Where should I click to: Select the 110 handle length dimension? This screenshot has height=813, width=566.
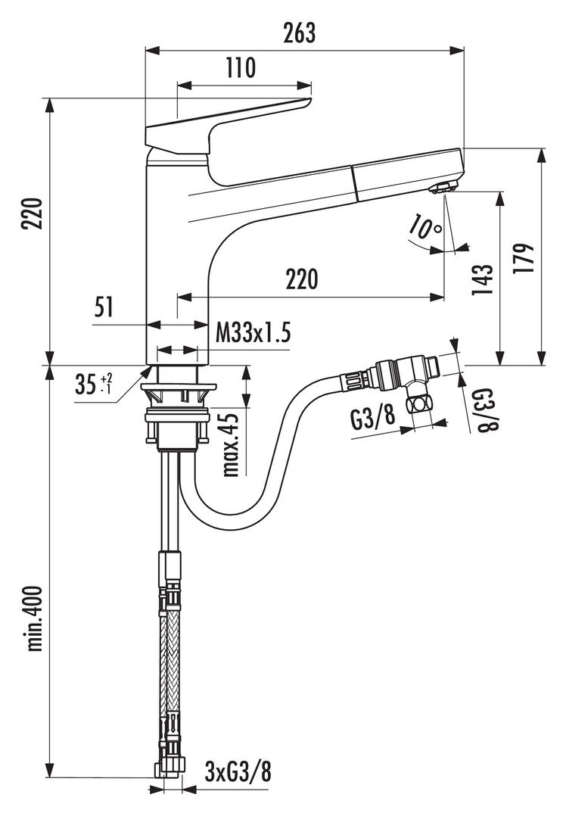coord(241,69)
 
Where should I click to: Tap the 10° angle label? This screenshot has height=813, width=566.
coord(424,226)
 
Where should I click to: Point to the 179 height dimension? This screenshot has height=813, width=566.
coord(528,257)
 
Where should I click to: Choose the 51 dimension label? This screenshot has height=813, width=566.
coord(104,307)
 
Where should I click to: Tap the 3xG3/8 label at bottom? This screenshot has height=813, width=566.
coord(238,772)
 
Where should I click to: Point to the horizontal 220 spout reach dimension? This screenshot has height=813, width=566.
coord(301,280)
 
